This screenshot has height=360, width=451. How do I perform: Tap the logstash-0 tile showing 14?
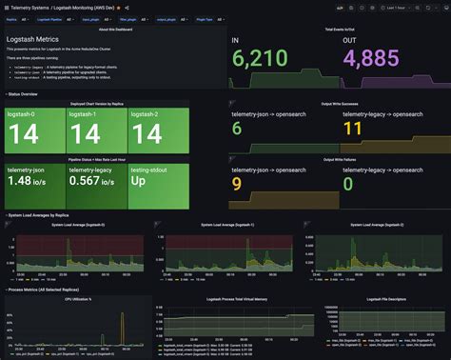pyautogui.click(x=34, y=130)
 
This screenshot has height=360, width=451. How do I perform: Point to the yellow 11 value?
pyautogui.click(x=352, y=129)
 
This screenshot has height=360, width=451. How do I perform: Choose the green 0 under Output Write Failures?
pyautogui.click(x=348, y=182)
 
